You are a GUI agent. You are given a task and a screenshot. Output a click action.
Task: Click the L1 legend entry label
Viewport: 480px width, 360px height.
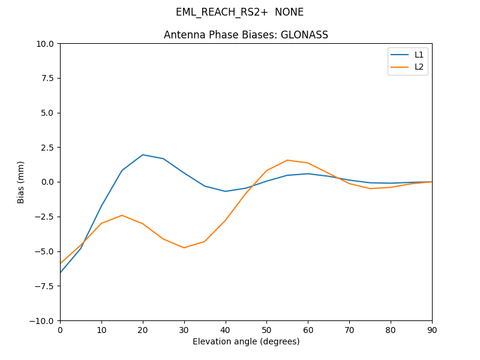coord(419,55)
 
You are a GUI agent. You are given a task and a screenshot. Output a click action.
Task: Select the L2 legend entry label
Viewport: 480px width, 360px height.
coord(419,67)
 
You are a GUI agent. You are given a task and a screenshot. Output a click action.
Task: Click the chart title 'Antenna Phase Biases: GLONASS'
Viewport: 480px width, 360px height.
coord(246,35)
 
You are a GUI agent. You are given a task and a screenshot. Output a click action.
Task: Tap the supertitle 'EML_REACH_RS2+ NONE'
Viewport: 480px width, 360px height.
coord(239,12)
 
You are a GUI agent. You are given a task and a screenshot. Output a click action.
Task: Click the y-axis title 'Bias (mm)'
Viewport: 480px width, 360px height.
coord(21,182)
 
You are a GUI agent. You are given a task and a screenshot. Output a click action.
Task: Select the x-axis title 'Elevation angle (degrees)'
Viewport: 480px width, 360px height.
coord(246,341)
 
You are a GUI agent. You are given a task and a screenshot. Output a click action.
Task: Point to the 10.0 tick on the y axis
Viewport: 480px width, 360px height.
coord(46,44)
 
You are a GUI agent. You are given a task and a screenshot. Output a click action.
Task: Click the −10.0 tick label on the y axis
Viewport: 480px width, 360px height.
coord(43,320)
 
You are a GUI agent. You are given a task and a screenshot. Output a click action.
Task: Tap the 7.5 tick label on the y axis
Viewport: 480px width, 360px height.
coord(48,78)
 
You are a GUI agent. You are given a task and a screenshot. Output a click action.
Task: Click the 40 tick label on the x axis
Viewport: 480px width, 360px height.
coord(226,330)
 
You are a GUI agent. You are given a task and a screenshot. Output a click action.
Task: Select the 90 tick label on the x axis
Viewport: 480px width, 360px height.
coord(432,330)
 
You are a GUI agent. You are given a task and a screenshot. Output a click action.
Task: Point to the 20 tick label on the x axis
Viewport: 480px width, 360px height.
coord(143,330)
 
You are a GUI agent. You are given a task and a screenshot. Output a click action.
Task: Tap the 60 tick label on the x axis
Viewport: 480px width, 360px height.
coord(308,330)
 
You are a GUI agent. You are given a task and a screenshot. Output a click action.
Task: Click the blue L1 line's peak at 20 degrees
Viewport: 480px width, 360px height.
coord(143,155)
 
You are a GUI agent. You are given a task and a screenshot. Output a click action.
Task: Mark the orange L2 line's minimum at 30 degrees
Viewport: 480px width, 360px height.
coord(184,248)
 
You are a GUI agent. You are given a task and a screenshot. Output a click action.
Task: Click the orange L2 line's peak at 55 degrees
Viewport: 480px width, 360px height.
coord(287,160)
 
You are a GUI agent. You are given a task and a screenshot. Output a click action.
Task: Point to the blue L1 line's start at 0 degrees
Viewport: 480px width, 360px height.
coord(61,272)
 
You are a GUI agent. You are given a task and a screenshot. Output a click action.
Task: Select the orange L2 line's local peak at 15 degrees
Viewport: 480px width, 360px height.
coord(122,215)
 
